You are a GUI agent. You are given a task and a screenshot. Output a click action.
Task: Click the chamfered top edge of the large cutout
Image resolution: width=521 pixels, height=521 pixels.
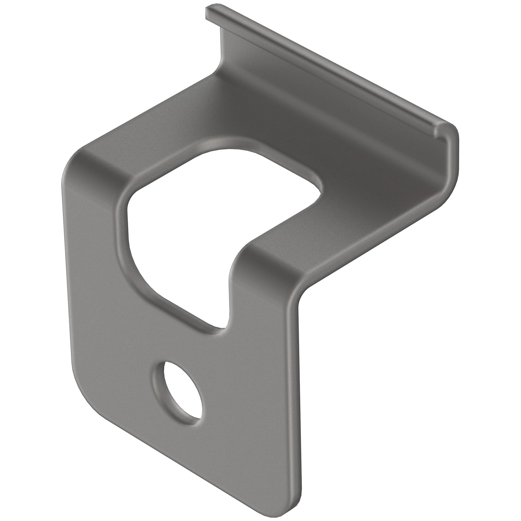[216, 146]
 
